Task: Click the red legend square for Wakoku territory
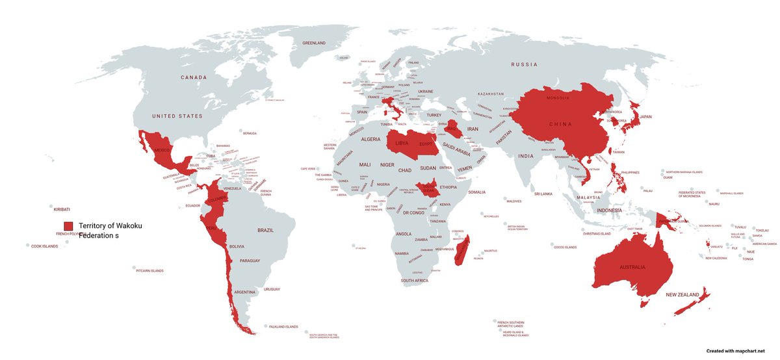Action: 68,225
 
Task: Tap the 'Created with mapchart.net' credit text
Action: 736,350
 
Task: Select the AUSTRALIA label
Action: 632,267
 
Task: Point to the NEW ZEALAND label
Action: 683,294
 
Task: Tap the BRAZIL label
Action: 266,230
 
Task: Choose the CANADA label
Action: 193,77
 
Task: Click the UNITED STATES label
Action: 177,116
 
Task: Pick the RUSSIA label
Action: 525,64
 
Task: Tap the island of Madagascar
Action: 462,254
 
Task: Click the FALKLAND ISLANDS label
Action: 283,326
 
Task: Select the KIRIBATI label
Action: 62,201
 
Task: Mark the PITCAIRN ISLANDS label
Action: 149,270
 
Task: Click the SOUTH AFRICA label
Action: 414,280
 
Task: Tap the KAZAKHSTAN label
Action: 490,94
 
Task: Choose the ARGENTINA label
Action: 245,292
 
